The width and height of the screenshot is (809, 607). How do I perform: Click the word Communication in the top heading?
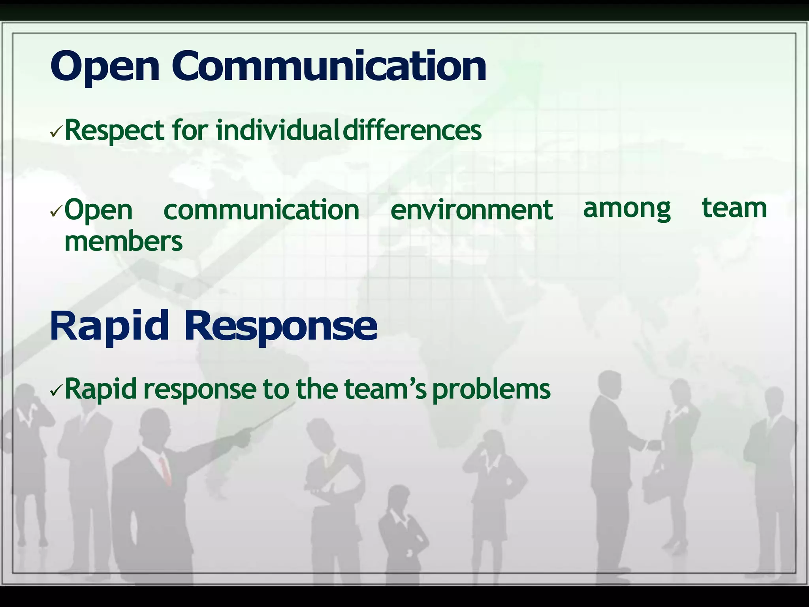pos(329,66)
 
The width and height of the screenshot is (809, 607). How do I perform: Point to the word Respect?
pos(114,131)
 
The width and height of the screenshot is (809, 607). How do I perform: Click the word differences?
pos(412,131)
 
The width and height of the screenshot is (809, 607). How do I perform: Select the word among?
pos(627,209)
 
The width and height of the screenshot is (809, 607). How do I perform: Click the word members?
pos(123,241)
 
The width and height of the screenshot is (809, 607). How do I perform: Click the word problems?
pos(491,390)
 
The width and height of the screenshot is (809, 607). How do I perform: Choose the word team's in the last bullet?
pos(385,389)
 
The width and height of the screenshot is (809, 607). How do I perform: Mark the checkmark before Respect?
pos(56,133)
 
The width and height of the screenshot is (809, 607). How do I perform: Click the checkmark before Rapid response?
pos(56,391)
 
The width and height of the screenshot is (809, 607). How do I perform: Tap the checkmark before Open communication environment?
pos(56,212)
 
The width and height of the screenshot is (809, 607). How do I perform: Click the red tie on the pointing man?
pos(165,470)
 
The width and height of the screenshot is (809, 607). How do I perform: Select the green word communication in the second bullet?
pos(261,210)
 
